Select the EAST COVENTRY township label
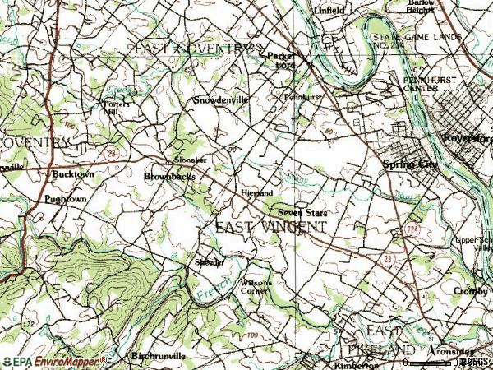pyautogui.click(x=190, y=49)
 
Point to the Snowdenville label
pyautogui.click(x=220, y=100)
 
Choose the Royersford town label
pyautogui.click(x=466, y=138)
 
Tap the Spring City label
pyautogui.click(x=411, y=165)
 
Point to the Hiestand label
pyautogui.click(x=257, y=193)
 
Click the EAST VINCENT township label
pyautogui.click(x=270, y=226)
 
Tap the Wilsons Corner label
pyautogui.click(x=255, y=286)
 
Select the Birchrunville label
pyautogui.click(x=159, y=356)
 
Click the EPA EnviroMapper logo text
pyautogui.click(x=54, y=361)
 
